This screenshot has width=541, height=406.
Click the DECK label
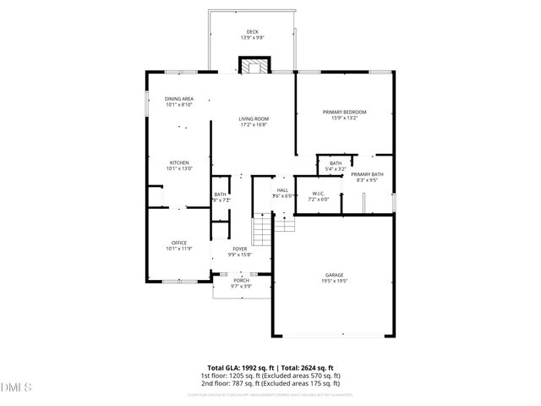coord(252,32)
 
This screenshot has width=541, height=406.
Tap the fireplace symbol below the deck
coord(252,67)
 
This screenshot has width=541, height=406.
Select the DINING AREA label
coord(178,99)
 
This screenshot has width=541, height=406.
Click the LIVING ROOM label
coord(252,119)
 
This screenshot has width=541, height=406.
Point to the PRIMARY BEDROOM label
coord(344,112)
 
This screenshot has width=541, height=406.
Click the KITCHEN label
coord(178,162)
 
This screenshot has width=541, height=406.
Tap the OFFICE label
coord(178,243)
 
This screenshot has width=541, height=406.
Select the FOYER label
coord(240,249)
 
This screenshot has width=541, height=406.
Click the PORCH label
coord(241,280)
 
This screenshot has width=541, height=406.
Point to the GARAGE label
coord(335,275)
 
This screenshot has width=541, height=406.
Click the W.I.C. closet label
coord(319,194)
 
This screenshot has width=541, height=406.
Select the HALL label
coord(282,190)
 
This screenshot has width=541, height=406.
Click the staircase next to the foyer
coord(264,228)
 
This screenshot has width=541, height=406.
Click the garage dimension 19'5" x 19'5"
coord(335,281)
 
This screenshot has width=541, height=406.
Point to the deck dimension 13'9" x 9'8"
coord(252,38)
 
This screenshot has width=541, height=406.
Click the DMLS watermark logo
coord(15,388)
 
